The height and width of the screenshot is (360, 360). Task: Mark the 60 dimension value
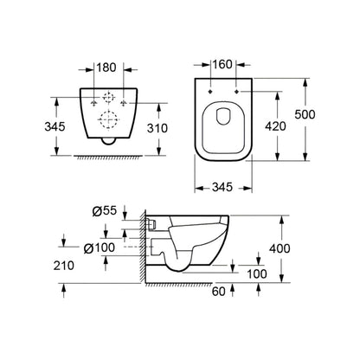pos(222,294)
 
